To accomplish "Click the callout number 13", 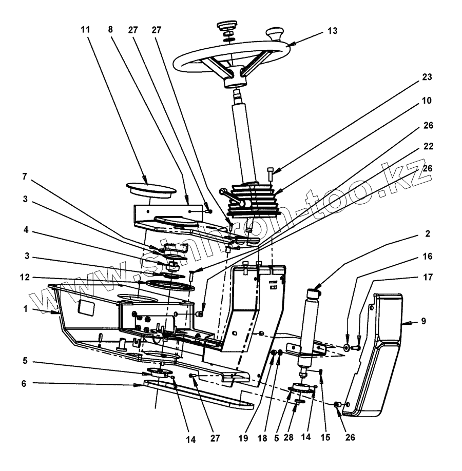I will pos(332,31).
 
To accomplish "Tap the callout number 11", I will pos(85,30).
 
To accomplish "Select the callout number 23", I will pos(428,78).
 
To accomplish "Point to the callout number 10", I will pos(428,101).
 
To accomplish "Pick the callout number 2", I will pos(428,233).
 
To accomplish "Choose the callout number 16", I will pos(428,256).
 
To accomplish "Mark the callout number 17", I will pos(428,278).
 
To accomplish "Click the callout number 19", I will pos(243,438).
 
